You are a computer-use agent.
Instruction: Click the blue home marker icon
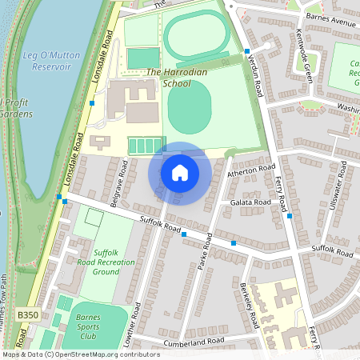pos(180,173)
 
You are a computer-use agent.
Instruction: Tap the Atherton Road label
pos(250,171)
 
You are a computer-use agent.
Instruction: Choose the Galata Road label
pos(252,203)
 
